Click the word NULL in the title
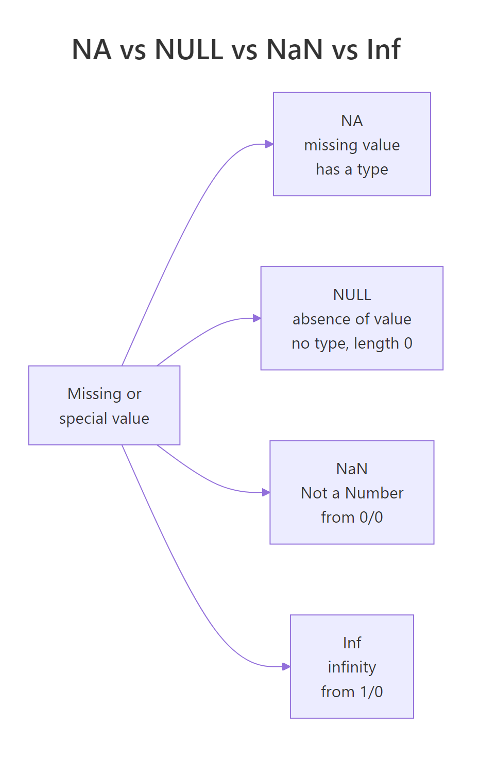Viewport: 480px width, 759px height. click(x=189, y=50)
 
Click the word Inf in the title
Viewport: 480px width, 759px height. click(x=383, y=50)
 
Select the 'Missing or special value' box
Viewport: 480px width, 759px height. click(x=104, y=405)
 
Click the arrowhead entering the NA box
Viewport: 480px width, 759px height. click(x=269, y=144)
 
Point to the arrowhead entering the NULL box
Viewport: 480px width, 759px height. click(x=257, y=318)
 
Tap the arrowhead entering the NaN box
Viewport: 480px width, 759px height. click(x=266, y=492)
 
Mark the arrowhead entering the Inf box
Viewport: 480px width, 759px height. click(x=286, y=666)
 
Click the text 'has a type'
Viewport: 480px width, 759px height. click(x=352, y=169)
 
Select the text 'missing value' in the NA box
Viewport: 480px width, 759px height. click(x=352, y=145)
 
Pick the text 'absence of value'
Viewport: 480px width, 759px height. click(x=352, y=319)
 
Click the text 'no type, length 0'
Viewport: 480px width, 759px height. click(x=352, y=343)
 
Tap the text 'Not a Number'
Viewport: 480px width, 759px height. click(x=352, y=493)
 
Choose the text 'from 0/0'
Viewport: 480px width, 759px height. click(x=352, y=517)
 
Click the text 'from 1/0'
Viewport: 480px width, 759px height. click(x=352, y=692)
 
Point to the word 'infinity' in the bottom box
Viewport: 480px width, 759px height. click(x=352, y=667)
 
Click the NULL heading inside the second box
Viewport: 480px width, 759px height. click(x=352, y=295)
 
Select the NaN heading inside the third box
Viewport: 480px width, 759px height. click(x=352, y=469)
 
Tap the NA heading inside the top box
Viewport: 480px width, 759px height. click(x=352, y=120)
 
